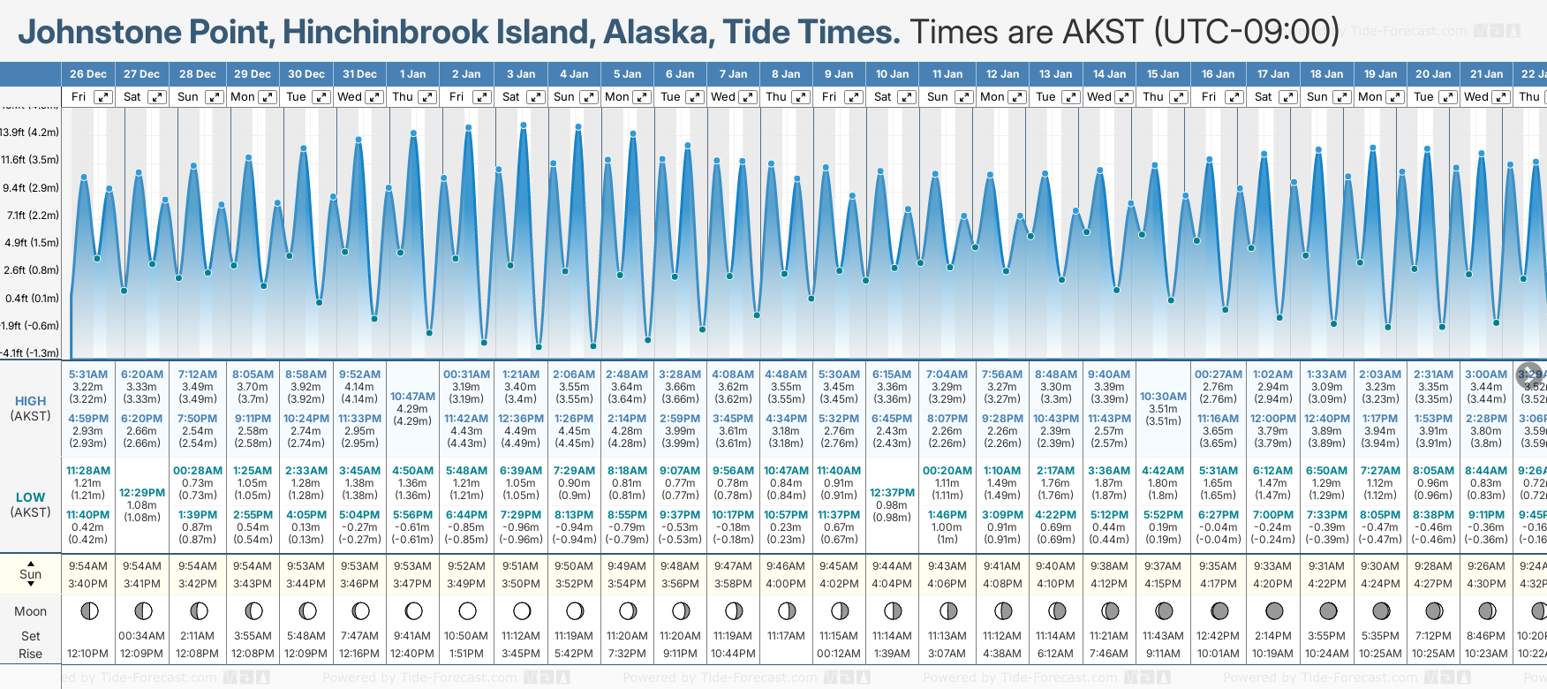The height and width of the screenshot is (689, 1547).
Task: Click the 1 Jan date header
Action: (x=412, y=74)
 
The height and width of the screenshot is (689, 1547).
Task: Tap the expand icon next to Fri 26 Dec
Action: (x=103, y=97)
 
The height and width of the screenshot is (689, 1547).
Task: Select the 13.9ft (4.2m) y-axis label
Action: (x=30, y=132)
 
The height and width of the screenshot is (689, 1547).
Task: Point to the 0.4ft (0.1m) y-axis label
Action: (x=31, y=299)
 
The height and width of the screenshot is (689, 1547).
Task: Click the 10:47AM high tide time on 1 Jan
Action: (x=412, y=397)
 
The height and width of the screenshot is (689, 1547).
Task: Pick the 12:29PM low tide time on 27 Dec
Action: (x=142, y=493)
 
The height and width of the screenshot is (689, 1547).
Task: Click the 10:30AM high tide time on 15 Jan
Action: (x=1163, y=397)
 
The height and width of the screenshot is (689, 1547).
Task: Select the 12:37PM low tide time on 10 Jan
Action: (x=892, y=493)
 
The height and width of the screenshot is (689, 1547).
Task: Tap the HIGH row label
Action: (x=31, y=401)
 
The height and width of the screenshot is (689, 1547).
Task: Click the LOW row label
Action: (x=31, y=497)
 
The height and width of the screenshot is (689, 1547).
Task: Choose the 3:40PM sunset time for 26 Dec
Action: (x=87, y=584)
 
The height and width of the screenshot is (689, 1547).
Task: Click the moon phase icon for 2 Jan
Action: (x=467, y=610)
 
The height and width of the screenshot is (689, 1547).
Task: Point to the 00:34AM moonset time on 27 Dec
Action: (x=142, y=636)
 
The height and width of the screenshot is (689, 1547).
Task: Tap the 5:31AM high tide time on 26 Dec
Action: (x=87, y=375)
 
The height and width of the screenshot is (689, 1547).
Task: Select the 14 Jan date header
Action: (x=1109, y=74)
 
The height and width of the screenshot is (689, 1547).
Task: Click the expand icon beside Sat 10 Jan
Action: (x=907, y=97)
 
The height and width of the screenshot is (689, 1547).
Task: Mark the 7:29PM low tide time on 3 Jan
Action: (x=520, y=515)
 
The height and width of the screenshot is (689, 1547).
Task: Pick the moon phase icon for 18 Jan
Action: (x=1327, y=610)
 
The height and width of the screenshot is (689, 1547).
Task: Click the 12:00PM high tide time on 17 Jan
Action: (x=1272, y=419)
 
